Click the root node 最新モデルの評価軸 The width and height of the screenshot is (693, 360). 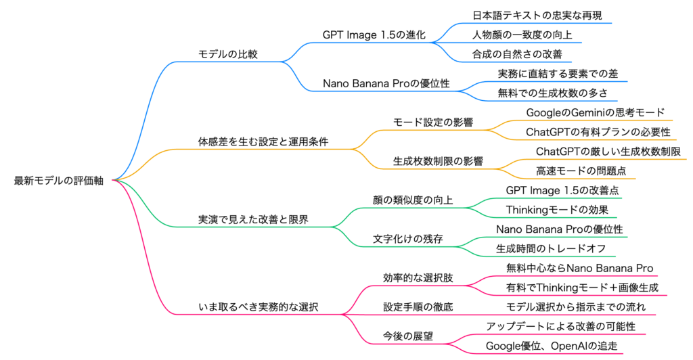(x=59, y=181)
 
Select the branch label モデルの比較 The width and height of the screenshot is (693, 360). (x=227, y=53)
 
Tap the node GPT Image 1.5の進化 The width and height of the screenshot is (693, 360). (x=374, y=35)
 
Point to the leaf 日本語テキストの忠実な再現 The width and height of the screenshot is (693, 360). (x=537, y=14)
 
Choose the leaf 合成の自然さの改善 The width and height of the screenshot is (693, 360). (x=517, y=53)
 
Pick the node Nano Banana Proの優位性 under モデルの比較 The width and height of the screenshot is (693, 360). (x=386, y=83)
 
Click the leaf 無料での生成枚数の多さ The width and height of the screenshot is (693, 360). (x=552, y=93)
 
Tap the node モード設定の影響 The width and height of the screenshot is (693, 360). (x=432, y=122)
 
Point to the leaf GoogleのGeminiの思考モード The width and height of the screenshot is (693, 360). (x=595, y=112)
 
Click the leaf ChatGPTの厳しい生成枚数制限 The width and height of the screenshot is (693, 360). (x=608, y=152)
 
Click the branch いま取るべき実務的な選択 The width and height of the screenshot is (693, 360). (x=258, y=307)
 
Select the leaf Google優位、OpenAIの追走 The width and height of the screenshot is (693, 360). (x=552, y=346)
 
